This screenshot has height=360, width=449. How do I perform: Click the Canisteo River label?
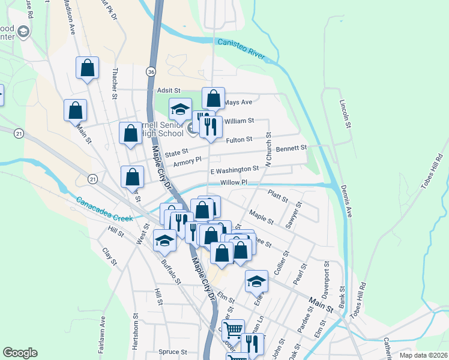241,49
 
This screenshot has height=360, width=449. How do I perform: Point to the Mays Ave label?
238,103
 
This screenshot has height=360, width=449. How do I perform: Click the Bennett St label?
291,148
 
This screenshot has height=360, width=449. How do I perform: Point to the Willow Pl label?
234,182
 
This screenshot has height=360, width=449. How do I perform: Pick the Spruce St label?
173,352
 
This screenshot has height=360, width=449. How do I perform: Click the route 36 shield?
151,71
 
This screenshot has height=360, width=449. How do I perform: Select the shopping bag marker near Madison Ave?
87,67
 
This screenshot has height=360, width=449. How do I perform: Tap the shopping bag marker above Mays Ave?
213,98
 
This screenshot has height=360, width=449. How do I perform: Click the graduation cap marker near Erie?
256,280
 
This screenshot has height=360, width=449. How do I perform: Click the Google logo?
20,353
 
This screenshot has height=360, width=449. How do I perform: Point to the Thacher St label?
114,83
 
